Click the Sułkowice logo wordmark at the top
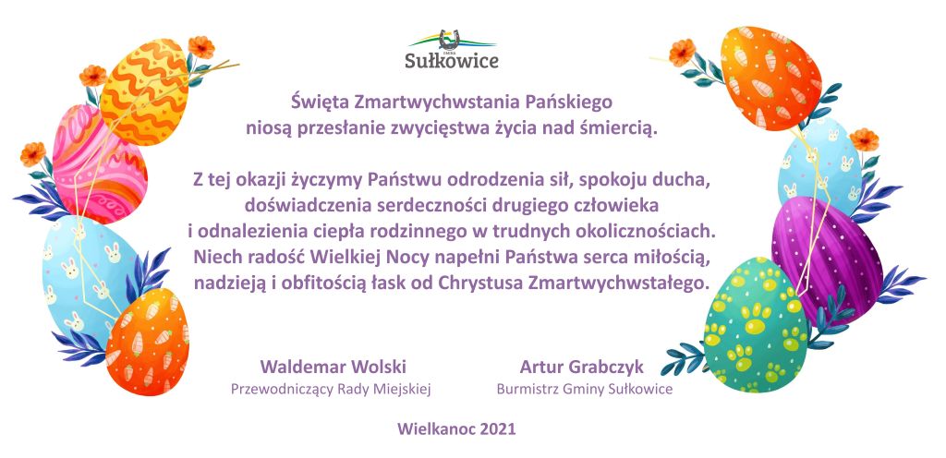tap(452, 61)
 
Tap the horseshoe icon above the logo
tap(451, 38)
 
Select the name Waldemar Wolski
tap(333, 367)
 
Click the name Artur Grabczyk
tap(582, 367)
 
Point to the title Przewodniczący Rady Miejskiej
tap(331, 389)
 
